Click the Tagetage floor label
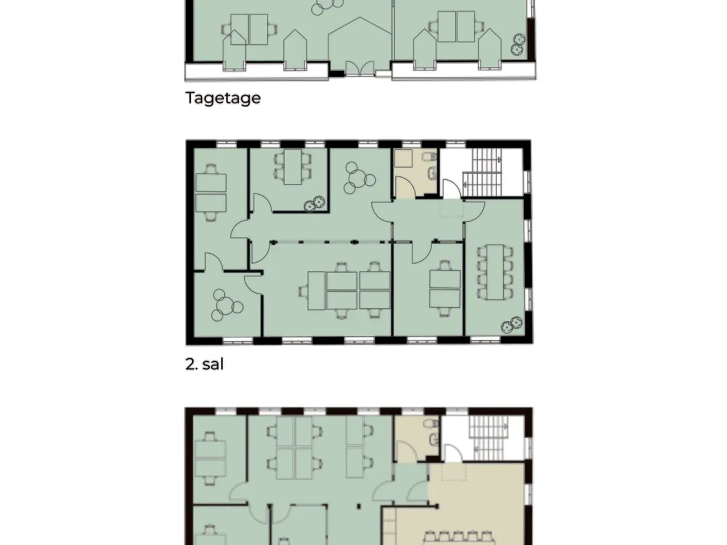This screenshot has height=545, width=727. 223,98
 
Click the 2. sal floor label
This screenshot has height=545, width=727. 204,364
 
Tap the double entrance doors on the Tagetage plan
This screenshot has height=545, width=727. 360,68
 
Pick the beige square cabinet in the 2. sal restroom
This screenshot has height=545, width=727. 403,158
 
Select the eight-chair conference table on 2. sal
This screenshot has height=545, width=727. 495,272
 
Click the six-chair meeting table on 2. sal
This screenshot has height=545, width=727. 293,167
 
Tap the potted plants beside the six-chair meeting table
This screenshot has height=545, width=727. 315,203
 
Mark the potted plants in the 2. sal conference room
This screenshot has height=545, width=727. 511,325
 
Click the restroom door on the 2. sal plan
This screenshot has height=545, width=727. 406,187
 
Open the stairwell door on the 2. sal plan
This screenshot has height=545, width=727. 452,188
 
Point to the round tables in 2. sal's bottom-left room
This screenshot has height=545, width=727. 227,305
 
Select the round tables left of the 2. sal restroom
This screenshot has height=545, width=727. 359,178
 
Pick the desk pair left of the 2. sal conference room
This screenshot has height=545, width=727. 445,288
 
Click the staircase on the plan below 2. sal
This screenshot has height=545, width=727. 488,438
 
